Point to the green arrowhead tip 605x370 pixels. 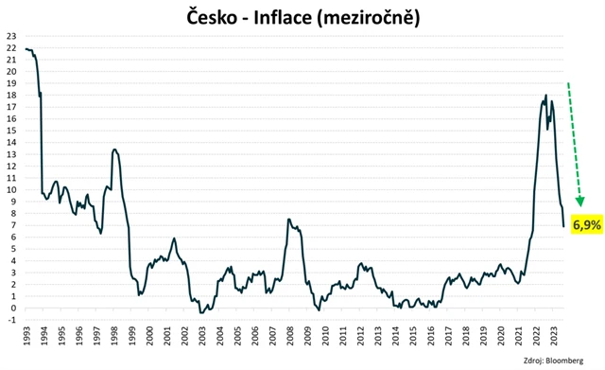click(x=579, y=205)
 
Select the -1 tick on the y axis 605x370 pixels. click(x=11, y=320)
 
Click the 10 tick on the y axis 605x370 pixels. click(x=11, y=189)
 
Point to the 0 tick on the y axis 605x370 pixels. click(x=13, y=308)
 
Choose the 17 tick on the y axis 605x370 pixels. click(x=11, y=107)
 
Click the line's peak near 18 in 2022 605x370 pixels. click(x=546, y=96)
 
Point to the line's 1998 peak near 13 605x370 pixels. click(x=114, y=150)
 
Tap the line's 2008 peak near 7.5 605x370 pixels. click(x=288, y=219)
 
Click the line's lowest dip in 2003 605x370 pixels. click(x=201, y=312)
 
